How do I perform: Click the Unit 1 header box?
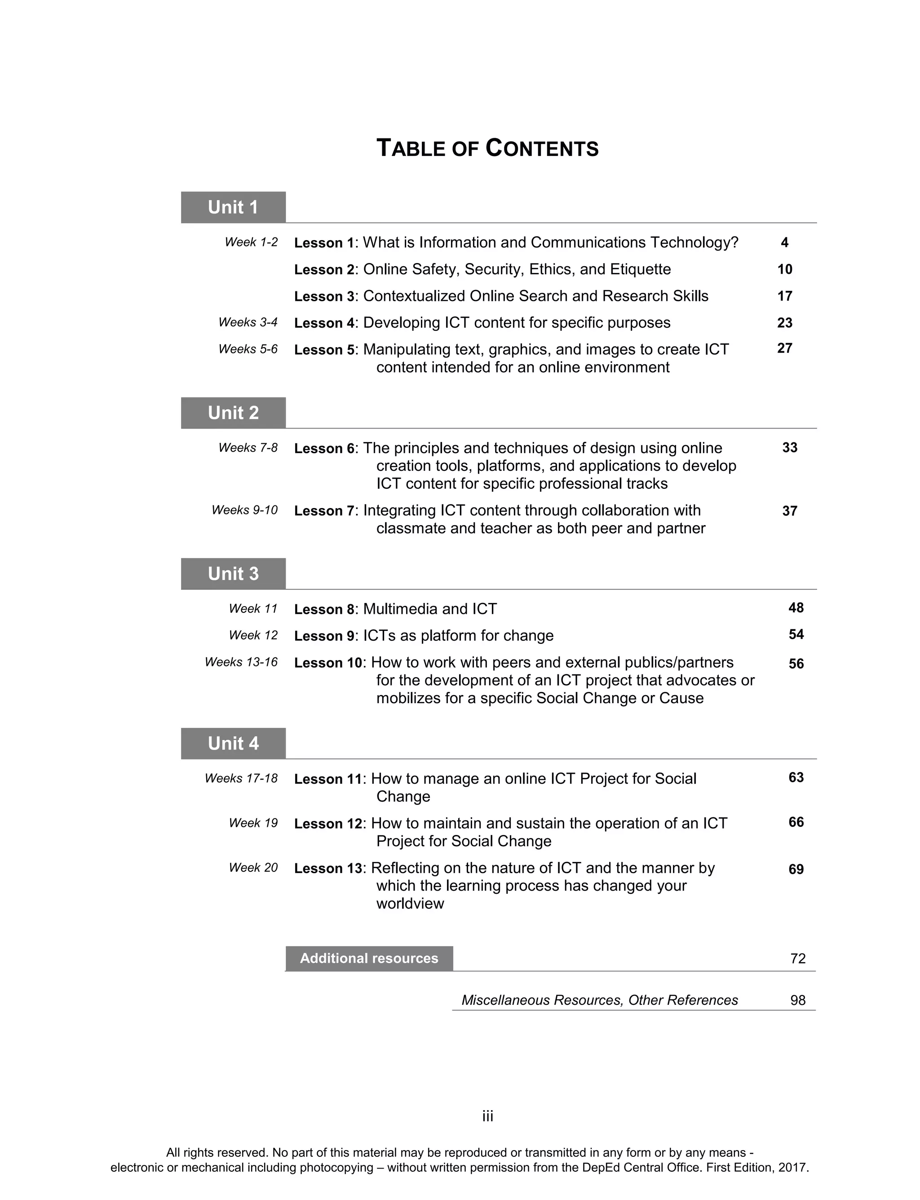pos(233,207)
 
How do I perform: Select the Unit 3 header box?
pos(233,574)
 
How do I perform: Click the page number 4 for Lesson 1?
pos(784,242)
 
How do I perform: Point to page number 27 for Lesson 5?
pos(784,348)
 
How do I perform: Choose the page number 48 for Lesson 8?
pos(796,608)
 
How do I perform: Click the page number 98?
pos(797,1000)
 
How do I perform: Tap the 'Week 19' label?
pos(253,823)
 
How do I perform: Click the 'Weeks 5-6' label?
pos(248,349)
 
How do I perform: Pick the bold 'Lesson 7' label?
pos(325,511)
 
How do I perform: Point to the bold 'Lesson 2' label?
pos(325,270)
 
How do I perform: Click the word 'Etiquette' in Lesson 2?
pos(640,269)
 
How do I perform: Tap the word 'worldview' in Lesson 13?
pos(410,904)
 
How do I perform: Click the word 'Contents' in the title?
pos(542,148)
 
